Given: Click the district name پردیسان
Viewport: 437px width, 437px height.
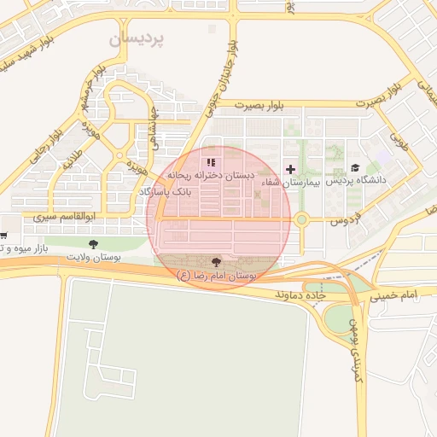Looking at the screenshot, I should coord(141,39).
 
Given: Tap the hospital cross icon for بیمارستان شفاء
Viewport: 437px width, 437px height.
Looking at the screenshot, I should coord(291,168).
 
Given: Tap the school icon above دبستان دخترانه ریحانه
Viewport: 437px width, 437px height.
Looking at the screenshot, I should coord(211,161).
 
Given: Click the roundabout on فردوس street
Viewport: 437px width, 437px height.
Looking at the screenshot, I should coord(300,220).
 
